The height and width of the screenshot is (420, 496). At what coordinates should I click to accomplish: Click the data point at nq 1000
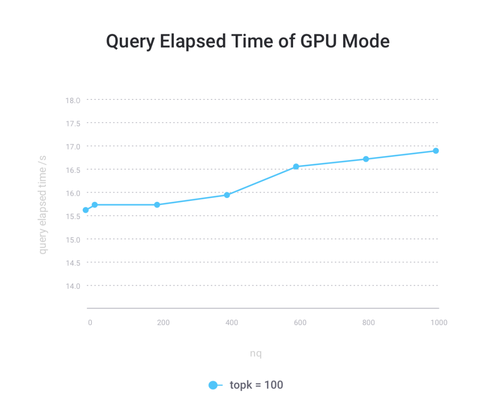pos(435,151)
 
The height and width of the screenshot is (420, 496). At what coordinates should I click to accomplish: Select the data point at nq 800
pos(366,159)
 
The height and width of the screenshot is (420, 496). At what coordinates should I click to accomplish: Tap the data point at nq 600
pos(296,166)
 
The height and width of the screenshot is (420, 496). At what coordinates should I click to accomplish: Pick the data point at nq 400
pos(227,195)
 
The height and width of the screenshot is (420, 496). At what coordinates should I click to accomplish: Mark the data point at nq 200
pos(157,204)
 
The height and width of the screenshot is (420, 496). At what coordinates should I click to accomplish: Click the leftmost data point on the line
pos(85,210)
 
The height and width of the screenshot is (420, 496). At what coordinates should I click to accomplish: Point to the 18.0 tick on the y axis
pos(73,100)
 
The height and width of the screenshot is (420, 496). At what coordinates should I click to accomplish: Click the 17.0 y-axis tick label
pos(73,147)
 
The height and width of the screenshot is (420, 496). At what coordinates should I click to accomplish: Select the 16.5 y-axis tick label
pos(73,170)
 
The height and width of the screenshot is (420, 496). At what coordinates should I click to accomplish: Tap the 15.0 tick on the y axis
pos(73,239)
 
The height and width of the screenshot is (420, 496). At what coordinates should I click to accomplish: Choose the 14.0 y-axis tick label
pos(73,286)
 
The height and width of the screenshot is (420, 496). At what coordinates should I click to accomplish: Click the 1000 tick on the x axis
pos(439,323)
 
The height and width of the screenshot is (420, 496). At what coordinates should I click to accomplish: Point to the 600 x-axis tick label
pos(300,323)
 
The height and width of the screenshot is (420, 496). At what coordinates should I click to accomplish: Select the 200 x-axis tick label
pos(163,323)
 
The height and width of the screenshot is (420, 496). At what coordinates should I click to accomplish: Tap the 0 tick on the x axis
pos(90,323)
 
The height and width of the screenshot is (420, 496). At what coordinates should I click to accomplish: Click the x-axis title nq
pos(256,354)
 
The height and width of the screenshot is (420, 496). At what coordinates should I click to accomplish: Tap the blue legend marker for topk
pos(213,385)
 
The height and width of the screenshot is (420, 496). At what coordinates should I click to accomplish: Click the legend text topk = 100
pos(256,385)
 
